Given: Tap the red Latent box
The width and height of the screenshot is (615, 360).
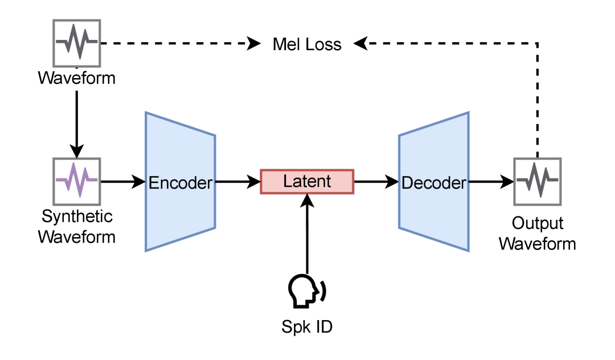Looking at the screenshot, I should click(x=307, y=182).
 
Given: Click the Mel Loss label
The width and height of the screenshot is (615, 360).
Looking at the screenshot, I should click(x=307, y=44).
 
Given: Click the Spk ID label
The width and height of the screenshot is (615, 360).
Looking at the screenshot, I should click(x=307, y=327).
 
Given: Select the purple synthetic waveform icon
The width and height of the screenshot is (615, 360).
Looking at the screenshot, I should click(x=76, y=181).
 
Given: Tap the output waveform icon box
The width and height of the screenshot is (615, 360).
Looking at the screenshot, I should click(x=537, y=181).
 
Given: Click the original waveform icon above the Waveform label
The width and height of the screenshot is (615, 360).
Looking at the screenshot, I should click(x=76, y=43).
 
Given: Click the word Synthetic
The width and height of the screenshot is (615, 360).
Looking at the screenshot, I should click(x=77, y=216).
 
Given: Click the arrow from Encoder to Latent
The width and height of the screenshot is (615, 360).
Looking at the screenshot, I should click(x=237, y=182).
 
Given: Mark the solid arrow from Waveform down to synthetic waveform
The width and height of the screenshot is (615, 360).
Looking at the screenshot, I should click(x=76, y=120).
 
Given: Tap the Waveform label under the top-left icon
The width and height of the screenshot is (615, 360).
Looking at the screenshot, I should click(x=77, y=77).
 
